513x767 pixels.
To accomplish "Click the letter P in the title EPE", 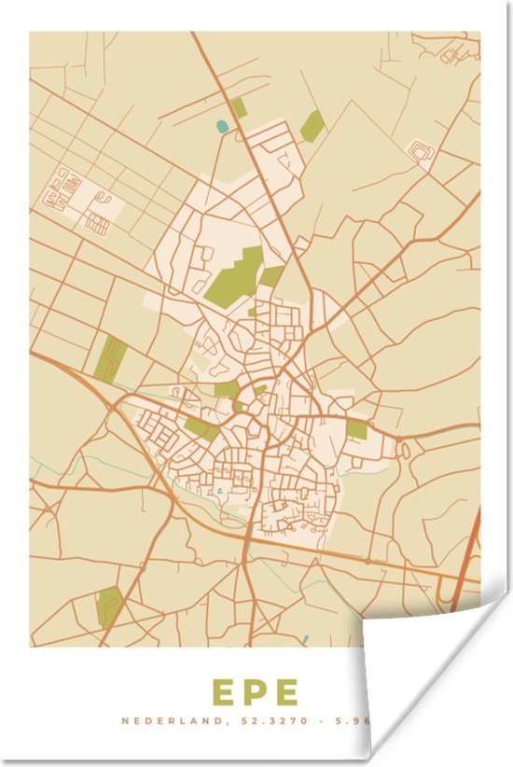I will [255, 692].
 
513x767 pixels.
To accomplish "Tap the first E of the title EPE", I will [224, 692].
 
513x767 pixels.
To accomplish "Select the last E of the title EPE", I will [285, 692].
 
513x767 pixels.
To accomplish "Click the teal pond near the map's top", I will [222, 126].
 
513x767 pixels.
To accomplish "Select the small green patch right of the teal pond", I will [240, 108].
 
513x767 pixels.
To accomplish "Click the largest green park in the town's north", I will [235, 277].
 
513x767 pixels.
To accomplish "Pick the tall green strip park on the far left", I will [110, 359].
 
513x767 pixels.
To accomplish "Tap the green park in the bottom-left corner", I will [108, 606].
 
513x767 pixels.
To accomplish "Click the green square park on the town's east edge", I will [357, 428].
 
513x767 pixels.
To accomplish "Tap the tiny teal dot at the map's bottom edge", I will [305, 640].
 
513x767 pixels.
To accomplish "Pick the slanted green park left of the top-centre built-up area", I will [312, 126].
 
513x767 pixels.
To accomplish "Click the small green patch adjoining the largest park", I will [271, 275].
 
